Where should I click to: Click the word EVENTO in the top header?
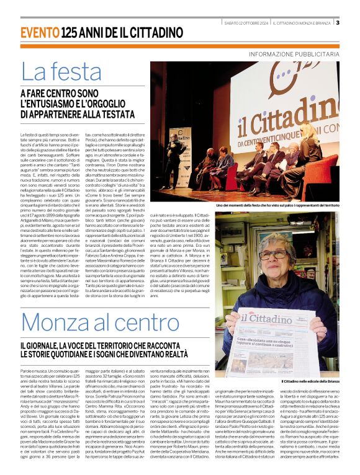40,32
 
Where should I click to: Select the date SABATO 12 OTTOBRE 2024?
247,23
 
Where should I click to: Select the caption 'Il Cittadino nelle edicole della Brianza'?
310,381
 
